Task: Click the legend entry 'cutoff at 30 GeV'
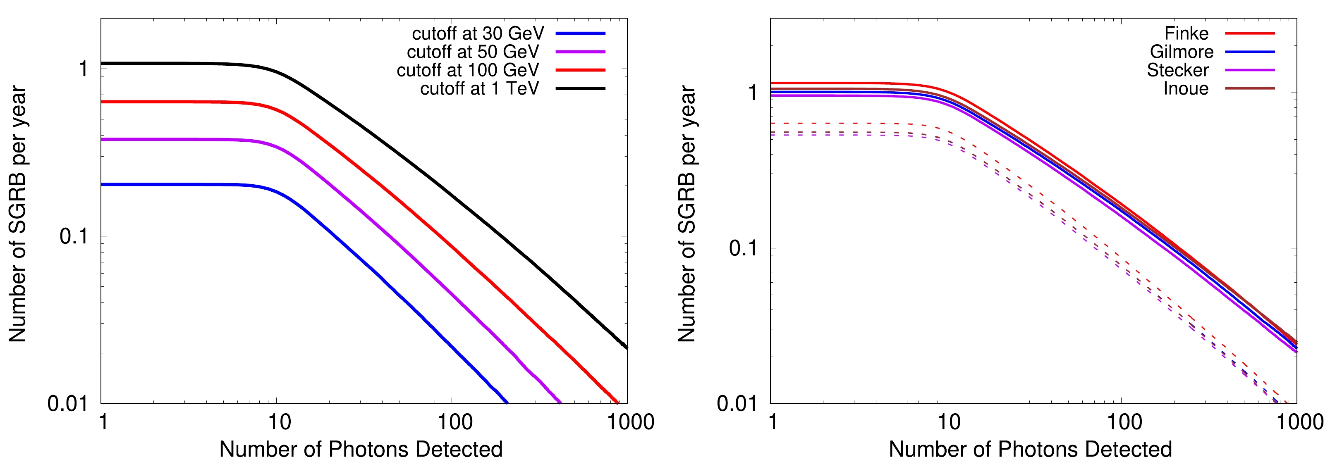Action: (x=478, y=33)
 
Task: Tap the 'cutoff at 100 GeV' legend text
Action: (x=467, y=70)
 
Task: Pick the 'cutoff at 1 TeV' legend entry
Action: (x=479, y=89)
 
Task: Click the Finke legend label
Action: (x=1186, y=33)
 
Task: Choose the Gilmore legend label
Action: (x=1181, y=52)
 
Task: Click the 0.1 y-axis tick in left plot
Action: (x=73, y=236)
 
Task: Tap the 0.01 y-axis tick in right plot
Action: (x=737, y=403)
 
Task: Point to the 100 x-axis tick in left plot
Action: (x=455, y=422)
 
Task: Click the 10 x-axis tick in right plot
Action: (x=948, y=422)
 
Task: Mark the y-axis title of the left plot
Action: (x=17, y=214)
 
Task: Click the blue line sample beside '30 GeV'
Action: (x=580, y=33)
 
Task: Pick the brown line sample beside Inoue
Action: (x=1249, y=89)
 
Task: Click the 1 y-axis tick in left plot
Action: (x=83, y=69)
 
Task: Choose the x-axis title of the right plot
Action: (x=1030, y=449)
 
